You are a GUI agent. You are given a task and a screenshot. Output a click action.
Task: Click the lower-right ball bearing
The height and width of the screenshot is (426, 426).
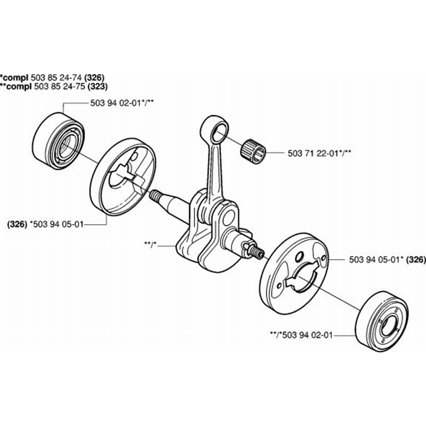tap(381, 322)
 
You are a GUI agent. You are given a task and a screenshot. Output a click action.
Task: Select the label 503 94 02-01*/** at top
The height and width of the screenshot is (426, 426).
tap(122, 103)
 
